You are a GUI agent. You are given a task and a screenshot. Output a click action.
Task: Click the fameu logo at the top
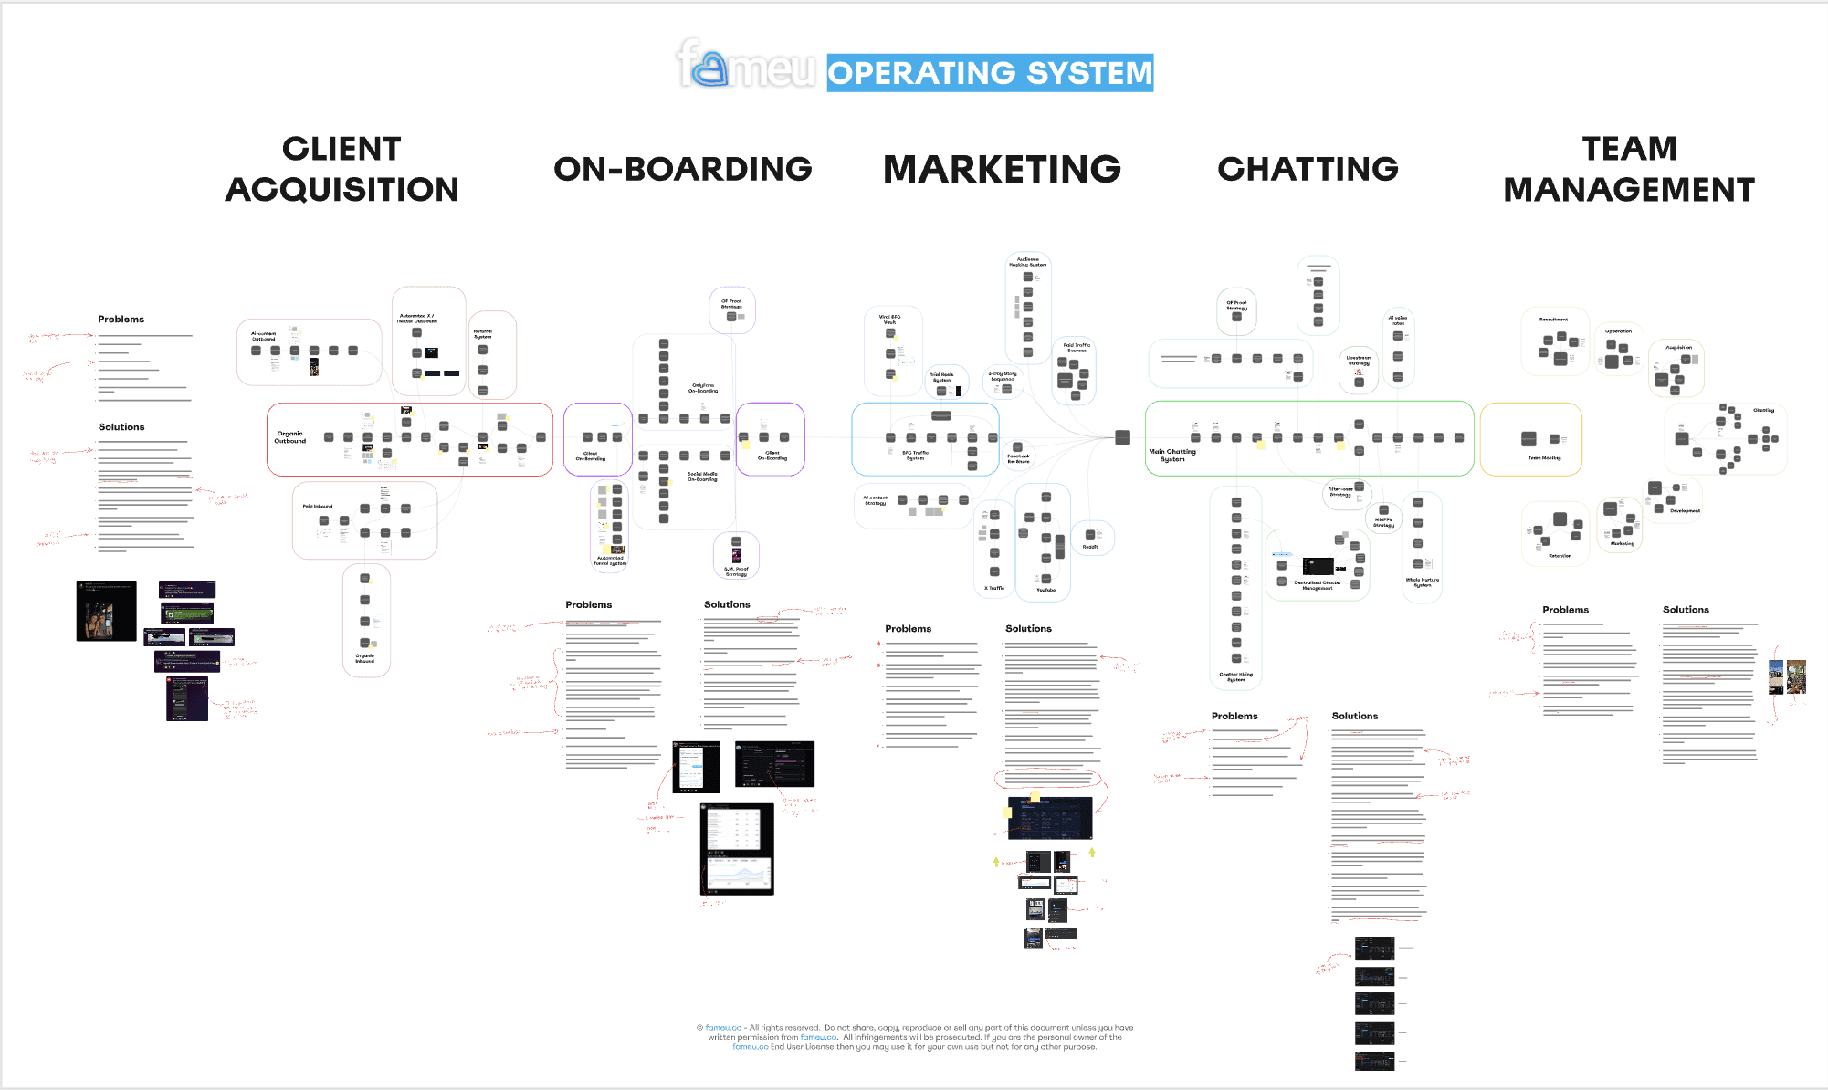(x=745, y=65)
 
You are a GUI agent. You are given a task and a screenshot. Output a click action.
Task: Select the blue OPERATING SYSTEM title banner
(x=990, y=73)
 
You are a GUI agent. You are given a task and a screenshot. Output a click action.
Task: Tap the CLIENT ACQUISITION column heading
(x=341, y=169)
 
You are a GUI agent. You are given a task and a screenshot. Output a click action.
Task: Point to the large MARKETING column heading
(x=1002, y=169)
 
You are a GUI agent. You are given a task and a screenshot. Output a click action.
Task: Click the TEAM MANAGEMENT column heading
(x=1629, y=169)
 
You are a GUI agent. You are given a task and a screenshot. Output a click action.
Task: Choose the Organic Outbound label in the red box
(x=290, y=437)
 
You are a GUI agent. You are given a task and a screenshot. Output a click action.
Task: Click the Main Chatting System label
(x=1172, y=455)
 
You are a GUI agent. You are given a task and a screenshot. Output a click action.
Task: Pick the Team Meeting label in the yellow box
(x=1544, y=458)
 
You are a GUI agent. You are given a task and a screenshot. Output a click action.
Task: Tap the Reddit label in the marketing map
(x=1090, y=547)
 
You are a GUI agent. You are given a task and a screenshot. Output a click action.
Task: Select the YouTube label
(x=1045, y=590)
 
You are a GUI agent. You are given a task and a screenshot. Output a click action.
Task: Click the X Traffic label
(x=994, y=588)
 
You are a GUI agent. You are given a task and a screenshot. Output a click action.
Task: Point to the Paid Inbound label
(x=318, y=506)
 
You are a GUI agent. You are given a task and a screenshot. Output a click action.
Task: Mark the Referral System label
(x=483, y=334)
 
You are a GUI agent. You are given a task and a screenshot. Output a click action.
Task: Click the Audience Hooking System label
(x=1028, y=262)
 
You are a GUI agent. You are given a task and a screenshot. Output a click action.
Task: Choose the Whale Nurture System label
(x=1423, y=582)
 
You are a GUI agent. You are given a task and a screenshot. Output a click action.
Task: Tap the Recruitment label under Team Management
(x=1553, y=320)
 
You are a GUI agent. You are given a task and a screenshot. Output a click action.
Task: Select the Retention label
(x=1560, y=555)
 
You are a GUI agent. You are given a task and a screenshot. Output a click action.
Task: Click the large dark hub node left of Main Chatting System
(x=1123, y=437)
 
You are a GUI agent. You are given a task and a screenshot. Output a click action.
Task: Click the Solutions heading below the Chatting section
(x=1355, y=716)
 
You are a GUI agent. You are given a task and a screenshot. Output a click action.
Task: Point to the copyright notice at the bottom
(x=915, y=1037)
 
